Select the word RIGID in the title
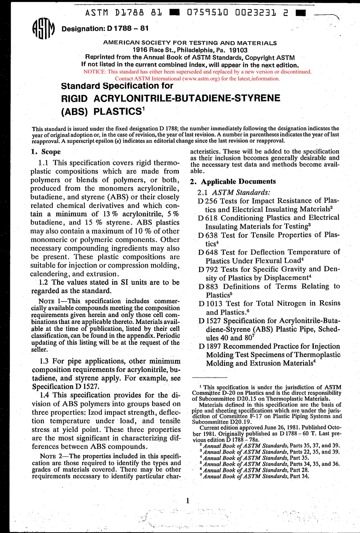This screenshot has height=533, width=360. coord(74,98)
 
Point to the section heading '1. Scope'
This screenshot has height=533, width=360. coord(45,152)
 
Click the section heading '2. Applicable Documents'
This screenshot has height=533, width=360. coord(233,181)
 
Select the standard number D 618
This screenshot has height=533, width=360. coord(208,218)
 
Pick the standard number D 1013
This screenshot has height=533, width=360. coord(210,303)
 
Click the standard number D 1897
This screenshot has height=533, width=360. coord(210,346)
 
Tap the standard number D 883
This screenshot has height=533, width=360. coord(208,286)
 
